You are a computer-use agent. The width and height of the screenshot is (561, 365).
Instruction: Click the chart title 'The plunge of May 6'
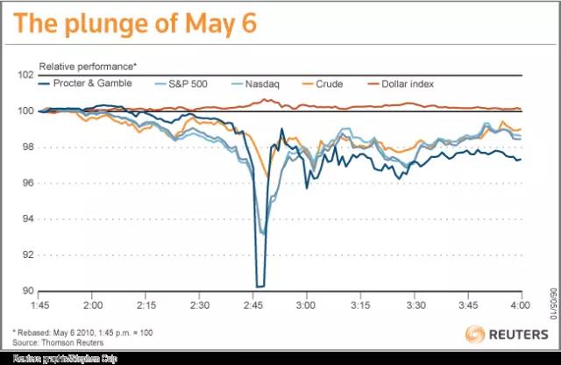pyautogui.click(x=131, y=24)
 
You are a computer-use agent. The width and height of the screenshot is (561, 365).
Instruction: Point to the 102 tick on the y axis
pyautogui.click(x=27, y=75)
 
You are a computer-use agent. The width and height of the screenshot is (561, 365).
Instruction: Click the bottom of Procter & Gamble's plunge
pyautogui.click(x=260, y=285)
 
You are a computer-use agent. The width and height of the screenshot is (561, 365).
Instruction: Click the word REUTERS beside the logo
pyautogui.click(x=519, y=334)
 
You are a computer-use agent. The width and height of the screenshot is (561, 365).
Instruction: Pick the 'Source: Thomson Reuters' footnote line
pyautogui.click(x=80, y=340)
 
